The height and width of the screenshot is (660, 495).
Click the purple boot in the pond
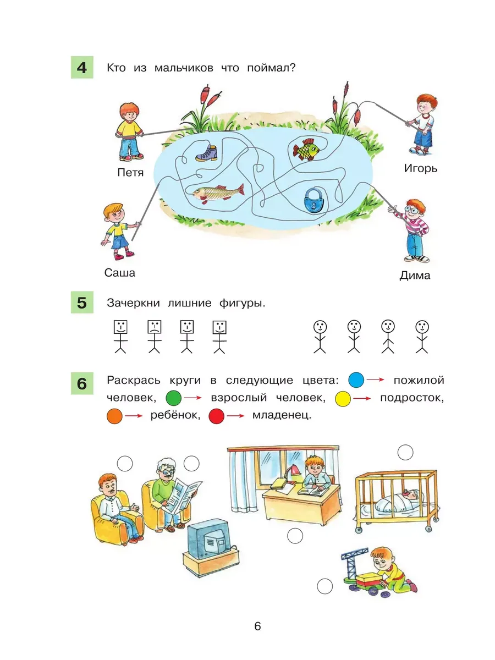point(206,153)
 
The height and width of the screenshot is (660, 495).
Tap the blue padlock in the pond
point(313,200)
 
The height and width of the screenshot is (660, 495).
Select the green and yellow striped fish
point(306,150)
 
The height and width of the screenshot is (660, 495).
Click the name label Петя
point(130,173)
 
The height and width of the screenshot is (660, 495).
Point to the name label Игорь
point(420,168)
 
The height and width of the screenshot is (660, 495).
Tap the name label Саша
point(119,273)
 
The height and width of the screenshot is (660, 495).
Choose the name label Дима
point(415,276)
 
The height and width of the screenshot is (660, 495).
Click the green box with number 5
point(82,302)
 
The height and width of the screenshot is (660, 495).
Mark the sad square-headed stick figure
point(154,337)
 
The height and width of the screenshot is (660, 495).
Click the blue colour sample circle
point(356,380)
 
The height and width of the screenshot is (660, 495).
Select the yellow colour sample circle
point(343,399)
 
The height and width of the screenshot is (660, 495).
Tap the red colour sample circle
point(216,416)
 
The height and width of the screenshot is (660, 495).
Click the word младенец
point(282,415)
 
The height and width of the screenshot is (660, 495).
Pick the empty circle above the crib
point(405,452)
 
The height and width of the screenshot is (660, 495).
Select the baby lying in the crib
point(399,501)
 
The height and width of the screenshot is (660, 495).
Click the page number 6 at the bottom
point(257,625)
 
